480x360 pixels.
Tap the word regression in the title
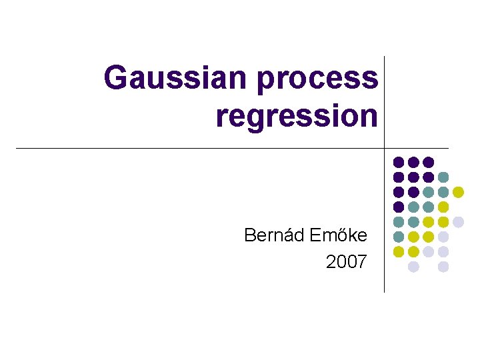click(297, 116)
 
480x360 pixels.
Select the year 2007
click(346, 262)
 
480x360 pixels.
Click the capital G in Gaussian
click(117, 77)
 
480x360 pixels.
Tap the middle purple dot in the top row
click(413, 162)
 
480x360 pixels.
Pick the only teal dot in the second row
click(443, 177)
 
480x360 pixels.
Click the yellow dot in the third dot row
click(458, 192)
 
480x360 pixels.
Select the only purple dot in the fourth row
click(399, 207)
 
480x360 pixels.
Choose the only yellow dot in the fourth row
click(443, 207)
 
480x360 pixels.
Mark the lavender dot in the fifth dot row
click(458, 222)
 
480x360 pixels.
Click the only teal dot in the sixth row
click(399, 237)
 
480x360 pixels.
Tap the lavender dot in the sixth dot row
click(443, 237)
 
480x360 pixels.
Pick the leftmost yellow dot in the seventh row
click(399, 251)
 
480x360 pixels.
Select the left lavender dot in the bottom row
click(413, 267)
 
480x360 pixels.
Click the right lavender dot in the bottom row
click(443, 267)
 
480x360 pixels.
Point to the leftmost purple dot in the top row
click(399, 162)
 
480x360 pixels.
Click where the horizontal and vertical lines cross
click(385, 148)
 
